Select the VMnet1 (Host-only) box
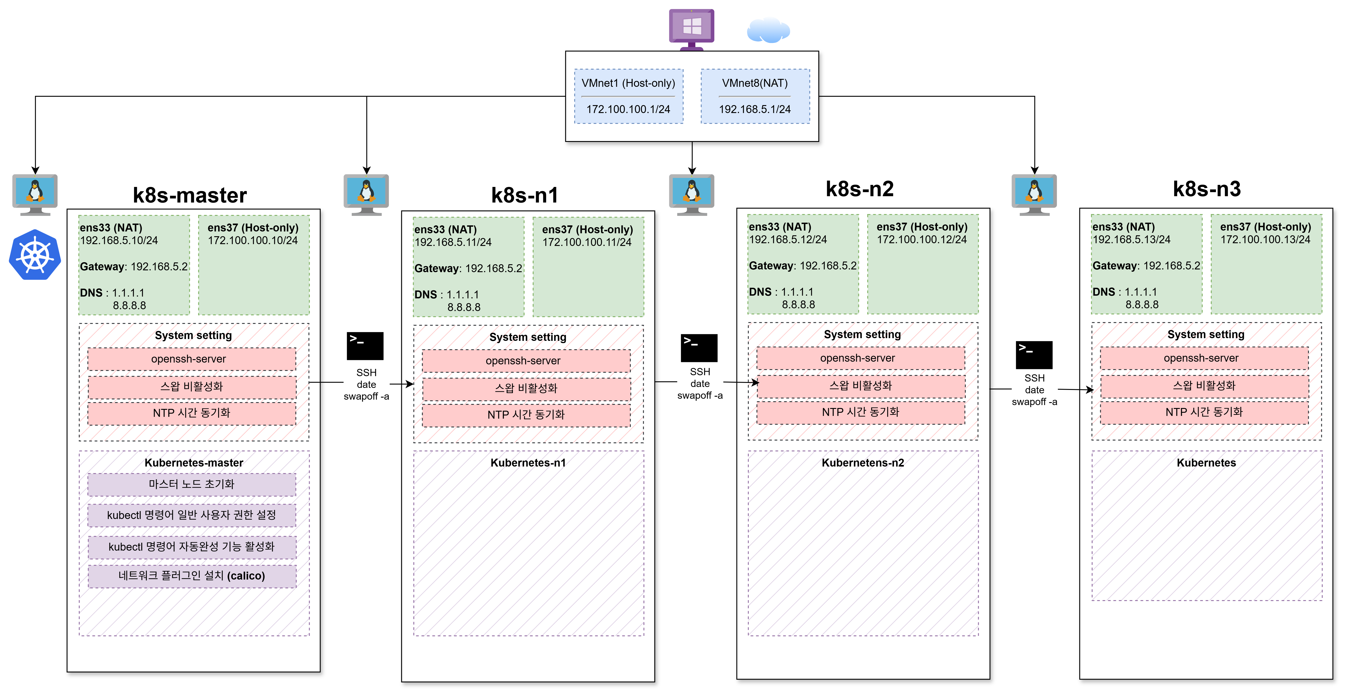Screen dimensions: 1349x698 pos(628,96)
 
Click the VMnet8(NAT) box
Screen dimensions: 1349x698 pos(755,96)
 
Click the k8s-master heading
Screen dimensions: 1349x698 pos(190,195)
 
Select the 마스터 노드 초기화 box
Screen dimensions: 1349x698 pos(192,484)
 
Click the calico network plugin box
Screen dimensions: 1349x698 pos(192,576)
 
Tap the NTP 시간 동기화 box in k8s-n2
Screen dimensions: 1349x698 pos(860,412)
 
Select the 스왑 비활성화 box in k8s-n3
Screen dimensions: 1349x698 pos(1204,386)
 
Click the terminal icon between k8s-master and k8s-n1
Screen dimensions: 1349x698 pos(365,346)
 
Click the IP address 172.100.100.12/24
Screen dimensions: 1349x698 pos(922,239)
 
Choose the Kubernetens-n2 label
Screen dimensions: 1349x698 pos(863,463)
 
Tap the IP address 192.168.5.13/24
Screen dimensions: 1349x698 pos(1131,239)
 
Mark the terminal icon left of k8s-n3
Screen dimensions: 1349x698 pos(1034,355)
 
